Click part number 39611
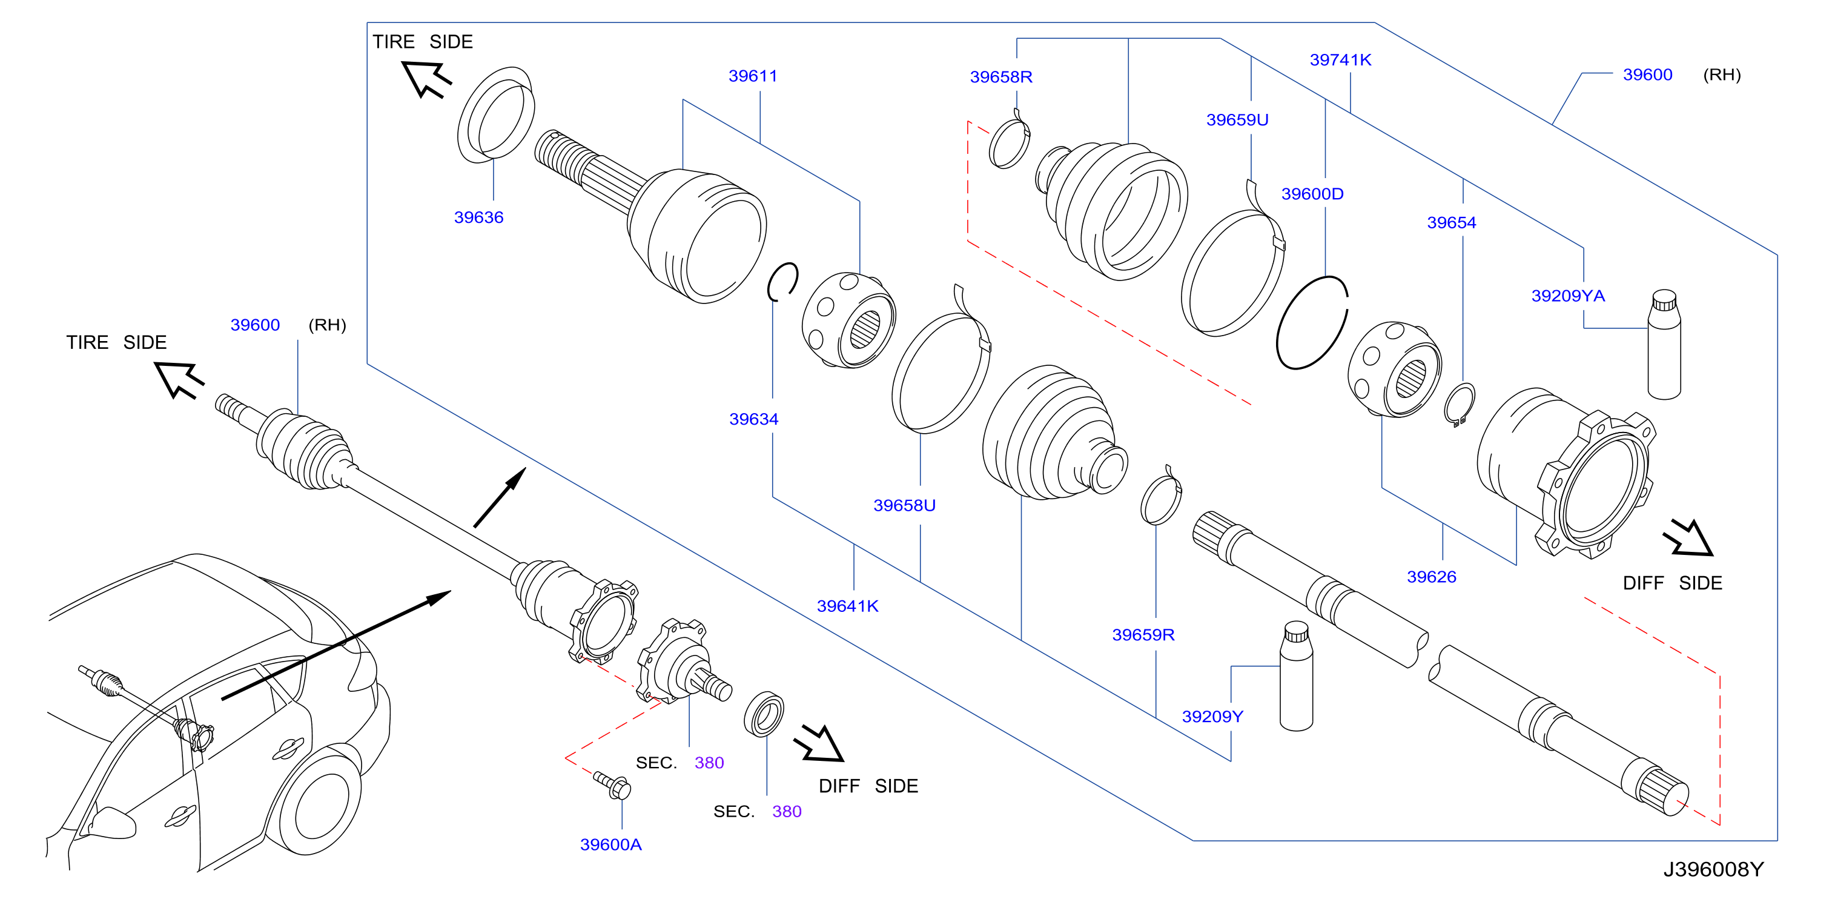[752, 76]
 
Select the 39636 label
[478, 217]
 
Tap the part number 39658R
[1001, 77]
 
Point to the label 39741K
[1340, 60]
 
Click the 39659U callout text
[1237, 120]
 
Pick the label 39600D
[1312, 194]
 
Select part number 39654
[1451, 223]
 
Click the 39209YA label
[1568, 296]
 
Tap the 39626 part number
[1431, 577]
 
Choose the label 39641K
[848, 606]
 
